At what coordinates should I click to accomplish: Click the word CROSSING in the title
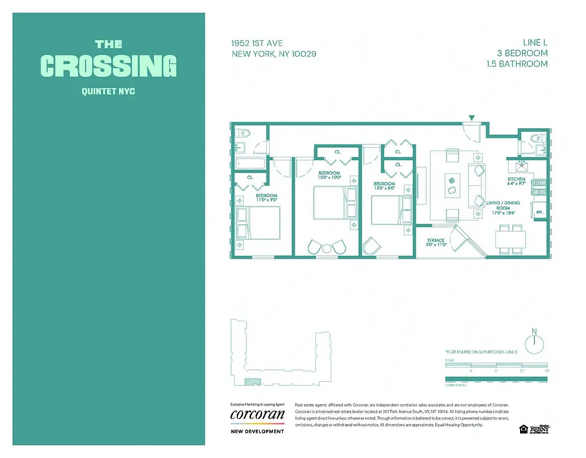(108, 66)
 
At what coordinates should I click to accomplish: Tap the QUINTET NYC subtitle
(108, 91)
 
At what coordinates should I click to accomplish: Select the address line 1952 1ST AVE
(256, 44)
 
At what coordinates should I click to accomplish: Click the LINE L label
(534, 42)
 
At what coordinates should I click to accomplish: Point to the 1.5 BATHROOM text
(516, 64)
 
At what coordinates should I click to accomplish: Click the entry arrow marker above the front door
(471, 118)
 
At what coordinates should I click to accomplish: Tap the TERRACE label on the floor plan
(435, 240)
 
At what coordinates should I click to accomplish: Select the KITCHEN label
(516, 179)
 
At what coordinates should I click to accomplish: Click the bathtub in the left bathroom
(251, 164)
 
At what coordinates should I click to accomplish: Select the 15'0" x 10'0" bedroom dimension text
(329, 177)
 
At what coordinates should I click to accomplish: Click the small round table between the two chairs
(327, 248)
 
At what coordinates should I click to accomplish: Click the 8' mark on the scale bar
(496, 371)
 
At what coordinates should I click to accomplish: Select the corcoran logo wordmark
(257, 414)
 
